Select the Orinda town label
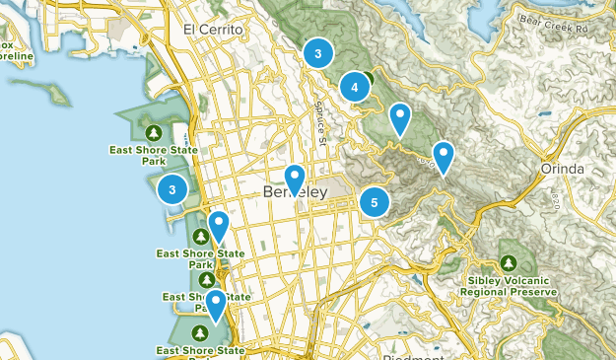pos(562,170)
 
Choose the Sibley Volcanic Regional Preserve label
pos(508,287)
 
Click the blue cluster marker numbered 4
pos(355,88)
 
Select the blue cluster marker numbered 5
pos(374,202)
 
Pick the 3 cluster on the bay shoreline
pos(172,189)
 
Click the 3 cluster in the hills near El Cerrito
pos(318,52)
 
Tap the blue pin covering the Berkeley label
pos(295,179)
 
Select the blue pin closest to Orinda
pos(444,156)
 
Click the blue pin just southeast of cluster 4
pos(399,117)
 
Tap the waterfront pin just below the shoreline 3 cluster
pos(218,226)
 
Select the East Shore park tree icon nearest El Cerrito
pos(153,132)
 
